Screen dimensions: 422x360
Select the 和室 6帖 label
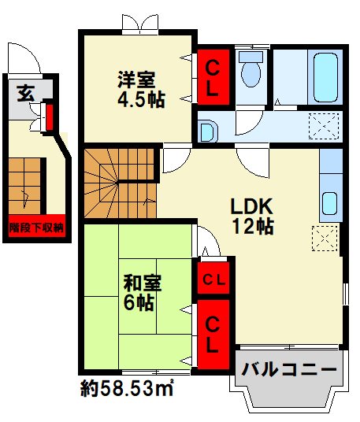click(x=139, y=291)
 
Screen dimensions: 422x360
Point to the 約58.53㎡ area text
click(x=127, y=389)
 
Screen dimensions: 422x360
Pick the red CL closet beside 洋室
click(x=213, y=77)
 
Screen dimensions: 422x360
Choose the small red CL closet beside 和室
click(x=213, y=278)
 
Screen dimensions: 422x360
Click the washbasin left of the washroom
click(x=208, y=130)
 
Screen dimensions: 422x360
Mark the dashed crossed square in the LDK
click(x=323, y=237)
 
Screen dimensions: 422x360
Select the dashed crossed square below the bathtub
click(x=323, y=125)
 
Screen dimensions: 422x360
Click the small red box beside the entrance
click(x=49, y=119)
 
